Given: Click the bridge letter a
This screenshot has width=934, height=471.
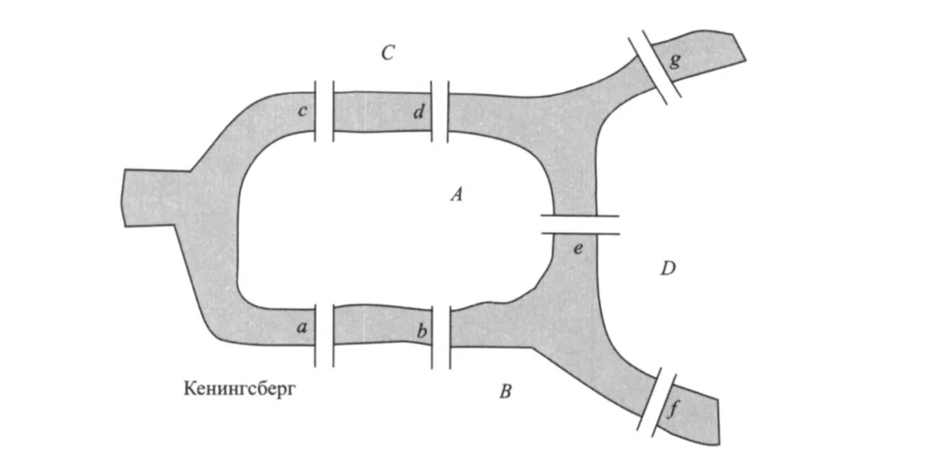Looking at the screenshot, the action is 301,328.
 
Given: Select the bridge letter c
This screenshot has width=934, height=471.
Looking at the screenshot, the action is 302,112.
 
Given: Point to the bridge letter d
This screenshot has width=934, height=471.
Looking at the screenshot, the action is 418,113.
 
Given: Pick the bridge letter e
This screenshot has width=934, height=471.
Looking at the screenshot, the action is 578,249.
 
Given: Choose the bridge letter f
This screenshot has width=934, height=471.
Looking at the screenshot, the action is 674,411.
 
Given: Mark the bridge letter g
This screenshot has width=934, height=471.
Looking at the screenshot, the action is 675,62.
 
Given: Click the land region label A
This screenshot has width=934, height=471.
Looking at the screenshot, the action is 457,196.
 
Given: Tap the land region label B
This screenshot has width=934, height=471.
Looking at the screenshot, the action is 505,392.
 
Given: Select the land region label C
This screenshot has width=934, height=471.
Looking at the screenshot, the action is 388,53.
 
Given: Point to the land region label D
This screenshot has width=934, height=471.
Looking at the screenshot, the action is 668,269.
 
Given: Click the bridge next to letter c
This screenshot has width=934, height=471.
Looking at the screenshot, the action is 325,111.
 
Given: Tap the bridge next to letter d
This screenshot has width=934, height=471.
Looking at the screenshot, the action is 440,112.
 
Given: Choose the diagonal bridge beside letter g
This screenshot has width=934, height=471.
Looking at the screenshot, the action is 655,64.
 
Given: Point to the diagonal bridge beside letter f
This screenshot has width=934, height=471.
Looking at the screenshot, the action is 657,402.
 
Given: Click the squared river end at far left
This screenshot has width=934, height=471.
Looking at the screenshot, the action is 144,196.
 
